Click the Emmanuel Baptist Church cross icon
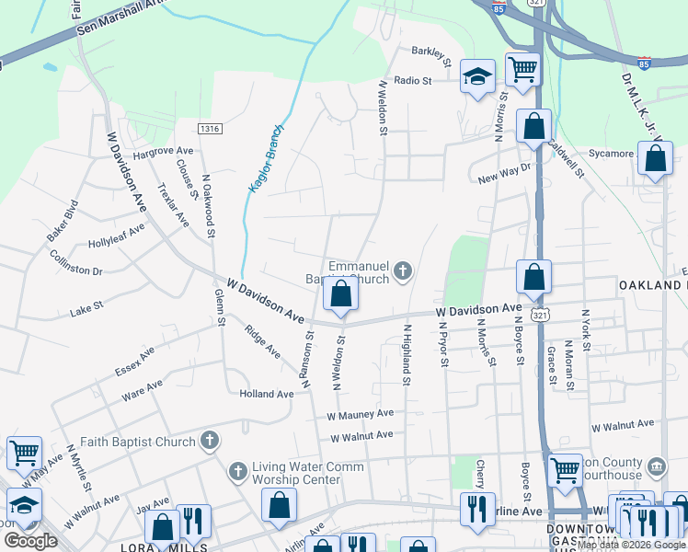click(402, 270)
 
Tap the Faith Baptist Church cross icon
click(210, 441)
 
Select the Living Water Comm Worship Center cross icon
click(237, 472)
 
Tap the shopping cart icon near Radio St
click(522, 68)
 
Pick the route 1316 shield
click(210, 129)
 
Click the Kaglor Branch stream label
click(266, 158)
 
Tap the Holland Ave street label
click(267, 394)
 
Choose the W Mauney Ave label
click(361, 416)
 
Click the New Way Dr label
click(505, 174)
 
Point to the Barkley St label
click(431, 57)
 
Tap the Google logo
click(30, 541)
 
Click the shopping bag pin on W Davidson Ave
click(340, 295)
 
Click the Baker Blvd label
click(63, 221)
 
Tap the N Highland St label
click(406, 349)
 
